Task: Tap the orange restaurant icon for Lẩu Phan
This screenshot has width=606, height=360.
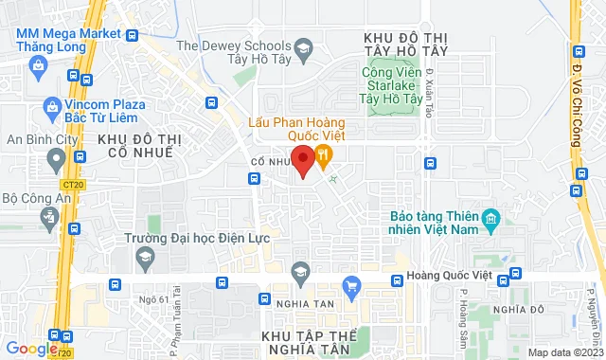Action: [x=324, y=154]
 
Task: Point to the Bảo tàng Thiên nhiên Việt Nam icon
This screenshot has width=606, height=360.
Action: [x=490, y=222]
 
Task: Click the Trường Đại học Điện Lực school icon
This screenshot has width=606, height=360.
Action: [x=145, y=257]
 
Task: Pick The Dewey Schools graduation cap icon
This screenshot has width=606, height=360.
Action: [x=304, y=46]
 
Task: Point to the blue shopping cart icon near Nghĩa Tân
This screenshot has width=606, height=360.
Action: [x=352, y=284]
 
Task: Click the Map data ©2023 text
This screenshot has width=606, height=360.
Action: [x=563, y=352]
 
